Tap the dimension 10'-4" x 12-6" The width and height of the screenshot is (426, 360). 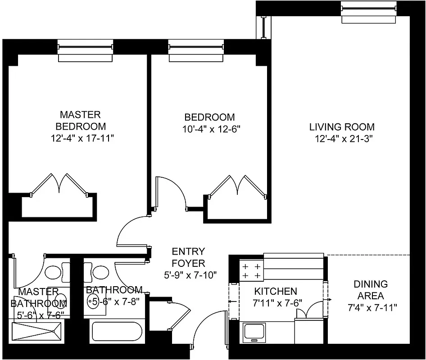pos(209,129)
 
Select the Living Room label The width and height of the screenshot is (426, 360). pos(342,127)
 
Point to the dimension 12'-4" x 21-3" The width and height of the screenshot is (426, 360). pos(342,139)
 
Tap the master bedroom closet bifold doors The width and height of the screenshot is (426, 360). pos(59,184)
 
